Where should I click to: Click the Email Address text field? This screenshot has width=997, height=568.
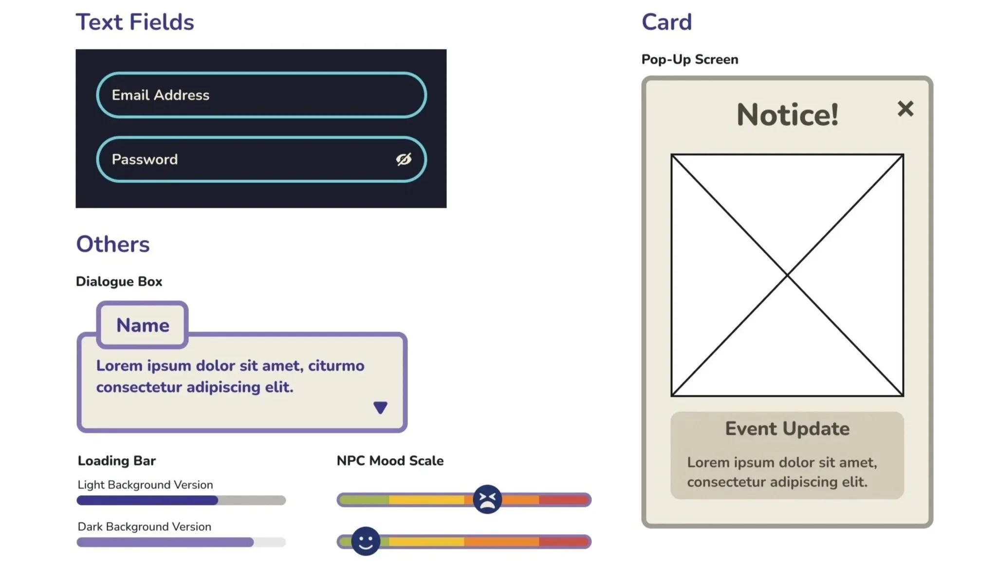point(261,95)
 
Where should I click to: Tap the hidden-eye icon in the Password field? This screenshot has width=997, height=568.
point(404,159)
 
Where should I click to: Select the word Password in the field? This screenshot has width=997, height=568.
point(145,159)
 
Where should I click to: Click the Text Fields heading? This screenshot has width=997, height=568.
point(135,22)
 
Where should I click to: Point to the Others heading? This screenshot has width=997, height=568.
point(113,244)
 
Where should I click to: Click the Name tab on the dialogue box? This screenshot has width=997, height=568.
point(143,325)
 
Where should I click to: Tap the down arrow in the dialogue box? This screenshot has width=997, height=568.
point(380,407)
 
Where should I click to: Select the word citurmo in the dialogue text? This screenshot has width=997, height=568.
point(336,365)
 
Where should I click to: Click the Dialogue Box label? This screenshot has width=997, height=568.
point(119,282)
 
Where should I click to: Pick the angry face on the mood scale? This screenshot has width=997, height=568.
point(487,499)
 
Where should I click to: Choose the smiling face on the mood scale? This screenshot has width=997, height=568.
point(366,541)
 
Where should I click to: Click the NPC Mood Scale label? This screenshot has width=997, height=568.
point(390,461)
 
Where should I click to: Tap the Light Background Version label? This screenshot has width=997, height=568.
point(145,485)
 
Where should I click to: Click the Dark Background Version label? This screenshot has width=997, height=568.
point(144,527)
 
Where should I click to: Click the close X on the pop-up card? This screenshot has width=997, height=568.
point(905,109)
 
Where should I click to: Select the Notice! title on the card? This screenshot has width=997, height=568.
point(787,115)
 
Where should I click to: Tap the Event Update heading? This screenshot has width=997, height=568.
point(787,429)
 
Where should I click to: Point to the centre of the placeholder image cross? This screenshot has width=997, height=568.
point(787,275)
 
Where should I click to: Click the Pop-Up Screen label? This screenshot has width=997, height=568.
point(690,59)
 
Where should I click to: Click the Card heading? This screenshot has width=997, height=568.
point(666,22)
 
